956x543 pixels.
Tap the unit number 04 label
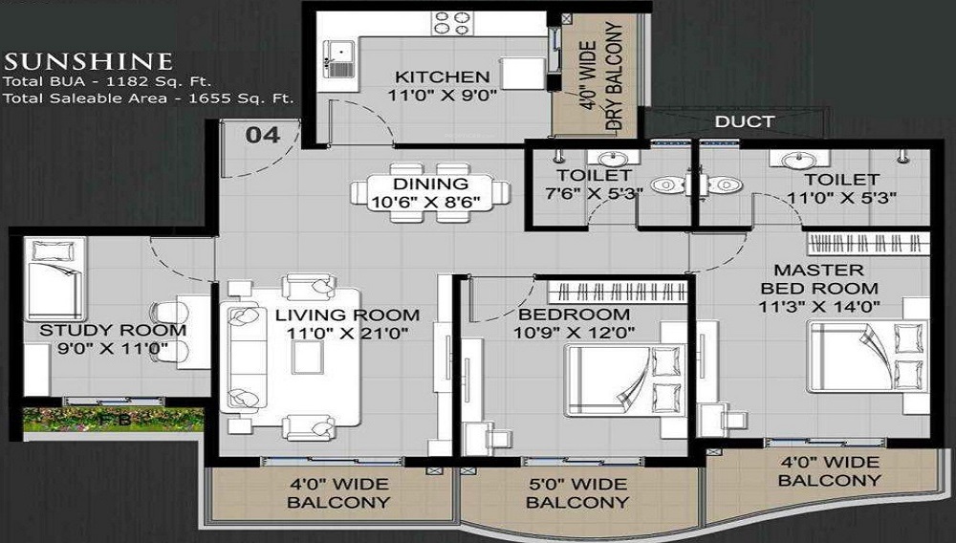click(263, 135)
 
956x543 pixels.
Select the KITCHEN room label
click(443, 76)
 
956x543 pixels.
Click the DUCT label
click(745, 121)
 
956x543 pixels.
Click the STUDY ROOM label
click(112, 331)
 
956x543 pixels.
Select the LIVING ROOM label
click(347, 315)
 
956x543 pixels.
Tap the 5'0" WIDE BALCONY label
click(578, 492)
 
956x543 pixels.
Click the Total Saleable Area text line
click(147, 98)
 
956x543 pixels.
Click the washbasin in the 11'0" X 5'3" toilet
click(793, 160)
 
